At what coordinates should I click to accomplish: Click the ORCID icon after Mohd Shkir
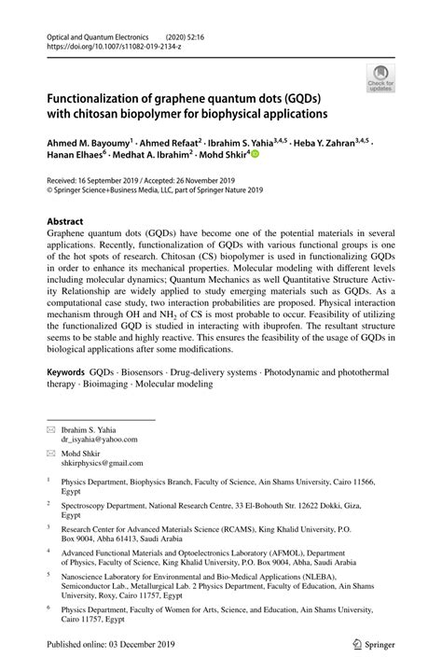[255, 157]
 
